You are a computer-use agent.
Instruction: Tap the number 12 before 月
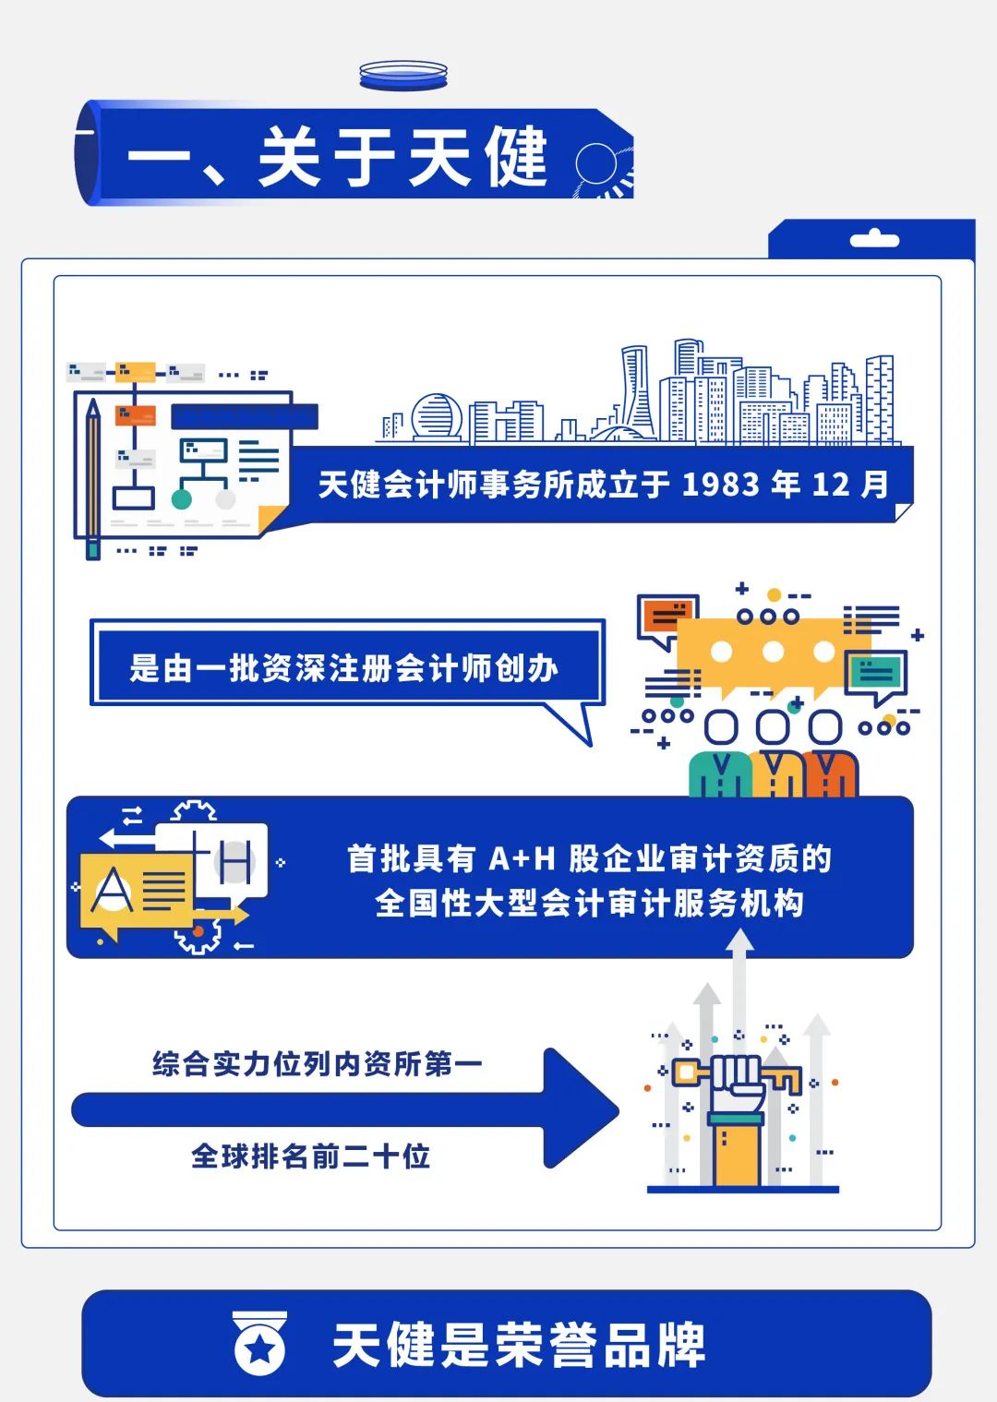click(829, 485)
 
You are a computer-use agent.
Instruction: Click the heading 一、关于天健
click(338, 158)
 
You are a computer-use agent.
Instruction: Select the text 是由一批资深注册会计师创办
click(343, 667)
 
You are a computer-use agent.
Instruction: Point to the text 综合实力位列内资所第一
click(317, 1063)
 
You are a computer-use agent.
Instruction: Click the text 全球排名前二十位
click(310, 1156)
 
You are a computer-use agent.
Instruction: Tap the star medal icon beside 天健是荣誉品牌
click(259, 1345)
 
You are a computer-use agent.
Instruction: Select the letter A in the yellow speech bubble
click(112, 892)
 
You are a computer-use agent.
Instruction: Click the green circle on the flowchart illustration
click(182, 499)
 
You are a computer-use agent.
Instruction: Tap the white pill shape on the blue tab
click(873, 241)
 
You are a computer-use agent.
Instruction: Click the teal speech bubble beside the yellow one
click(875, 673)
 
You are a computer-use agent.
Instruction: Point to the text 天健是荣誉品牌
click(518, 1345)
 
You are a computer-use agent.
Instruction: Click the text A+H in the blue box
click(522, 859)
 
